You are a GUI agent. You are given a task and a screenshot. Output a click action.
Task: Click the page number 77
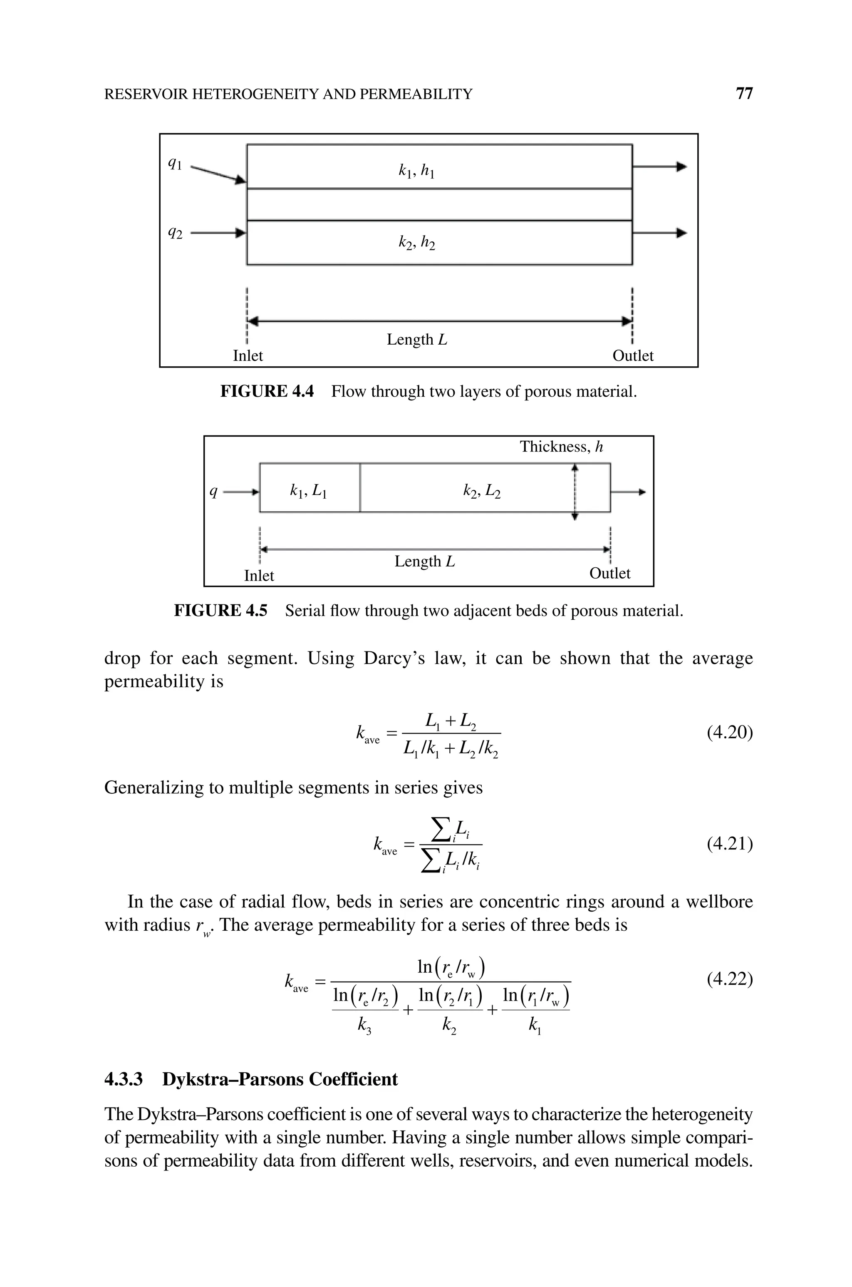click(744, 94)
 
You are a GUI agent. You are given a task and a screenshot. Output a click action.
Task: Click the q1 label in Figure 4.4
click(175, 163)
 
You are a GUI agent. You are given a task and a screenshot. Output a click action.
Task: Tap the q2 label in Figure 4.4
click(175, 234)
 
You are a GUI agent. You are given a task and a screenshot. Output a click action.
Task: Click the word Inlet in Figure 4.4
click(248, 356)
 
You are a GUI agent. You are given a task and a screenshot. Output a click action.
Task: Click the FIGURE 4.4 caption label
click(267, 391)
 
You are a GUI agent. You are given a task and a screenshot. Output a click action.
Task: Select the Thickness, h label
click(561, 447)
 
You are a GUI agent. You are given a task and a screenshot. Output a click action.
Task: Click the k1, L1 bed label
click(308, 492)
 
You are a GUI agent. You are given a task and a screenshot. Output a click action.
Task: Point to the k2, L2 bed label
click(481, 492)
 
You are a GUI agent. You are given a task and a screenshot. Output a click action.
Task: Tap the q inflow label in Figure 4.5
click(214, 492)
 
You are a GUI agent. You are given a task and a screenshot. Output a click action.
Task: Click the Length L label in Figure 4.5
click(424, 562)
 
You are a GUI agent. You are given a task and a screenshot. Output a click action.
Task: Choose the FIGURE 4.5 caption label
click(220, 611)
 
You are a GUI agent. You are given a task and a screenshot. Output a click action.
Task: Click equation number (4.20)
click(729, 733)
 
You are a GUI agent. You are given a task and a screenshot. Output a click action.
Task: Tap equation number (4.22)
click(729, 979)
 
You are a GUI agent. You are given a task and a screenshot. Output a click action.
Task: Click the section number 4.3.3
click(123, 1079)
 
